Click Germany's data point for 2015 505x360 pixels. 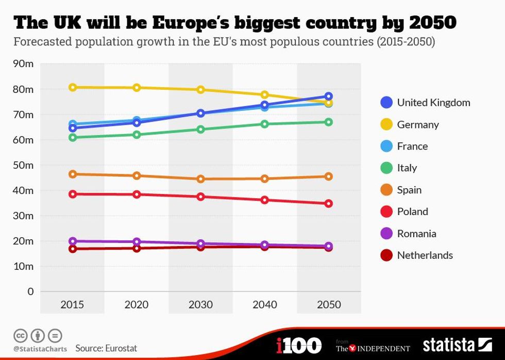[73, 87]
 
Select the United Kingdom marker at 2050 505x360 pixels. [329, 96]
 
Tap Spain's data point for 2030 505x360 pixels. [201, 179]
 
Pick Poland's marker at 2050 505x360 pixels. [329, 203]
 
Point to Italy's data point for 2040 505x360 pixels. [265, 124]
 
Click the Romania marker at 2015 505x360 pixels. [73, 241]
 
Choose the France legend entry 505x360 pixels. [412, 146]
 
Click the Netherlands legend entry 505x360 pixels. [425, 255]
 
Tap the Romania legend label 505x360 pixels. [416, 233]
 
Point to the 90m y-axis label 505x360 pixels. [23, 64]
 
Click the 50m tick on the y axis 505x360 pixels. [23, 165]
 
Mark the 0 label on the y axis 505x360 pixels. [30, 291]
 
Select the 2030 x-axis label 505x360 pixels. [201, 305]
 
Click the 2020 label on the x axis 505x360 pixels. [137, 305]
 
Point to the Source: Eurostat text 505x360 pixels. [106, 348]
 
